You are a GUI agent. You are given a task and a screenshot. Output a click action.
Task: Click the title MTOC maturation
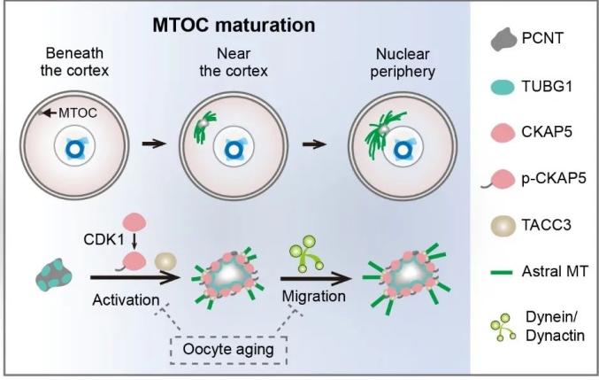pyautogui.click(x=234, y=25)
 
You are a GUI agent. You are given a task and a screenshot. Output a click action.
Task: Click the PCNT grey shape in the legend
pyautogui.click(x=503, y=39)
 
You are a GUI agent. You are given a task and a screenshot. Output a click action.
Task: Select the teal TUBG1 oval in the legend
pyautogui.click(x=503, y=87)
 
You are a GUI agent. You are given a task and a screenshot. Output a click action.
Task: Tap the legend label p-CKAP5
pyautogui.click(x=554, y=178)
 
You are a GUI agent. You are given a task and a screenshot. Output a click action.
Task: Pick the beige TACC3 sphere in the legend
pyautogui.click(x=503, y=225)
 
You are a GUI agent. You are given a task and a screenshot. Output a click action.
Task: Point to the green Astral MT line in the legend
pyautogui.click(x=501, y=273)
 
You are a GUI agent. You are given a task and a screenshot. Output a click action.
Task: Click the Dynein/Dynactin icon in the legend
pyautogui.click(x=503, y=327)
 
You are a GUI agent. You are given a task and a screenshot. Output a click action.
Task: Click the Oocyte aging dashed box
pyautogui.click(x=228, y=350)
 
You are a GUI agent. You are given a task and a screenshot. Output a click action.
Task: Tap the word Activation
pyautogui.click(x=126, y=300)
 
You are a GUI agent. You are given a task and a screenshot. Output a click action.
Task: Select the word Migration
pyautogui.click(x=313, y=296)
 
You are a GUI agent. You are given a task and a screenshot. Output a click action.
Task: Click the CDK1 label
pyautogui.click(x=104, y=240)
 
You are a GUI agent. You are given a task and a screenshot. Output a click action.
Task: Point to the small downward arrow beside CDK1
pyautogui.click(x=134, y=241)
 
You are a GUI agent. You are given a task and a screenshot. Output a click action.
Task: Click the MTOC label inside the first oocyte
pyautogui.click(x=78, y=112)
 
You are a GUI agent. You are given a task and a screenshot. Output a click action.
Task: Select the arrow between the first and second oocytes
pyautogui.click(x=154, y=143)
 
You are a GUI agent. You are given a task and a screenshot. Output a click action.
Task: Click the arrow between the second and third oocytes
pyautogui.click(x=314, y=144)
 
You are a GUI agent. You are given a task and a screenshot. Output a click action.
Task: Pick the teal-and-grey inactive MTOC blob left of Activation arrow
pyautogui.click(x=54, y=275)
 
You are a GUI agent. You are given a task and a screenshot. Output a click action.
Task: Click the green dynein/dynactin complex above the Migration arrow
pyautogui.click(x=306, y=253)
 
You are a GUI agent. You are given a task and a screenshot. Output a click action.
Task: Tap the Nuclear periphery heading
pyautogui.click(x=403, y=63)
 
